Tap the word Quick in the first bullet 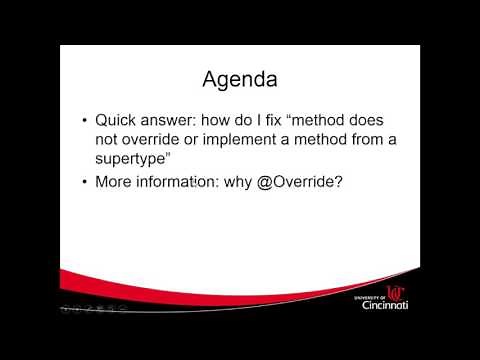(117, 121)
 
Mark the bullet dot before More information (84, 183)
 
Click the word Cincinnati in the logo (385, 305)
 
